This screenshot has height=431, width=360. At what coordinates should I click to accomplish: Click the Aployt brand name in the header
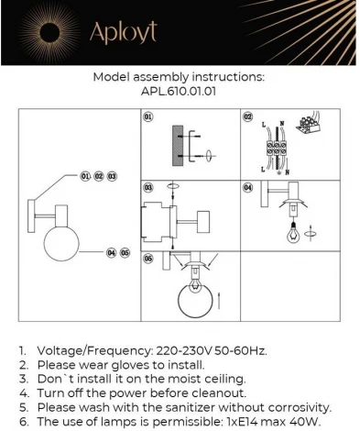tap(123, 33)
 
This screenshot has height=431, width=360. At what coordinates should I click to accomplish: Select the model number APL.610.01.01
tap(180, 93)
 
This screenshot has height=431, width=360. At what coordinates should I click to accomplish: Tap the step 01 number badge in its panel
tap(148, 118)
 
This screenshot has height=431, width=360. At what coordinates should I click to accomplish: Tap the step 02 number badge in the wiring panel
tap(247, 118)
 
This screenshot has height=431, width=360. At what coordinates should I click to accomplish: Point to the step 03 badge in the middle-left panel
tap(148, 187)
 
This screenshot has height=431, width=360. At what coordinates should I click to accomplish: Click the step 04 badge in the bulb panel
tap(247, 187)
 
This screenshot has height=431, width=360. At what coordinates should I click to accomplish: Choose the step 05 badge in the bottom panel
tap(148, 259)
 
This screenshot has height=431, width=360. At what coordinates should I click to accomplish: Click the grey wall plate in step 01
tap(177, 149)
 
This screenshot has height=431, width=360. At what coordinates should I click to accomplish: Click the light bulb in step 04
tap(294, 232)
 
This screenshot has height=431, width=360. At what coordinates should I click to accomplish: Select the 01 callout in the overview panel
tap(85, 174)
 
